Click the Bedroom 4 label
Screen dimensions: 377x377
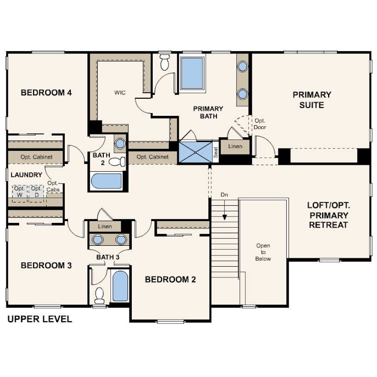(46, 93)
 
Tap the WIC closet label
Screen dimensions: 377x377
(120, 93)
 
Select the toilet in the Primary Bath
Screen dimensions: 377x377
(165, 62)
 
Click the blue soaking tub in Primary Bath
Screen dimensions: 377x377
(192, 74)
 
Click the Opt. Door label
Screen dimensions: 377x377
(260, 124)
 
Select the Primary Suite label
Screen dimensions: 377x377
(312, 100)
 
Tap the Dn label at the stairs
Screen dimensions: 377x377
(224, 195)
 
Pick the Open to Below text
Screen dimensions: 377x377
(263, 252)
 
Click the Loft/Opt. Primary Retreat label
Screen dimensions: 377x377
(329, 215)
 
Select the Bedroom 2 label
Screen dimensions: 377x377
(170, 279)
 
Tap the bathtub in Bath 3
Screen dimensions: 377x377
(120, 286)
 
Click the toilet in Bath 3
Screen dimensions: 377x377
(99, 296)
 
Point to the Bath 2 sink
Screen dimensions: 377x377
(120, 143)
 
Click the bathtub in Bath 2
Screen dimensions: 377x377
(107, 181)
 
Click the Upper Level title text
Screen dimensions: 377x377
(40, 319)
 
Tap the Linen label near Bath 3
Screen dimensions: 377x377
(105, 227)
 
